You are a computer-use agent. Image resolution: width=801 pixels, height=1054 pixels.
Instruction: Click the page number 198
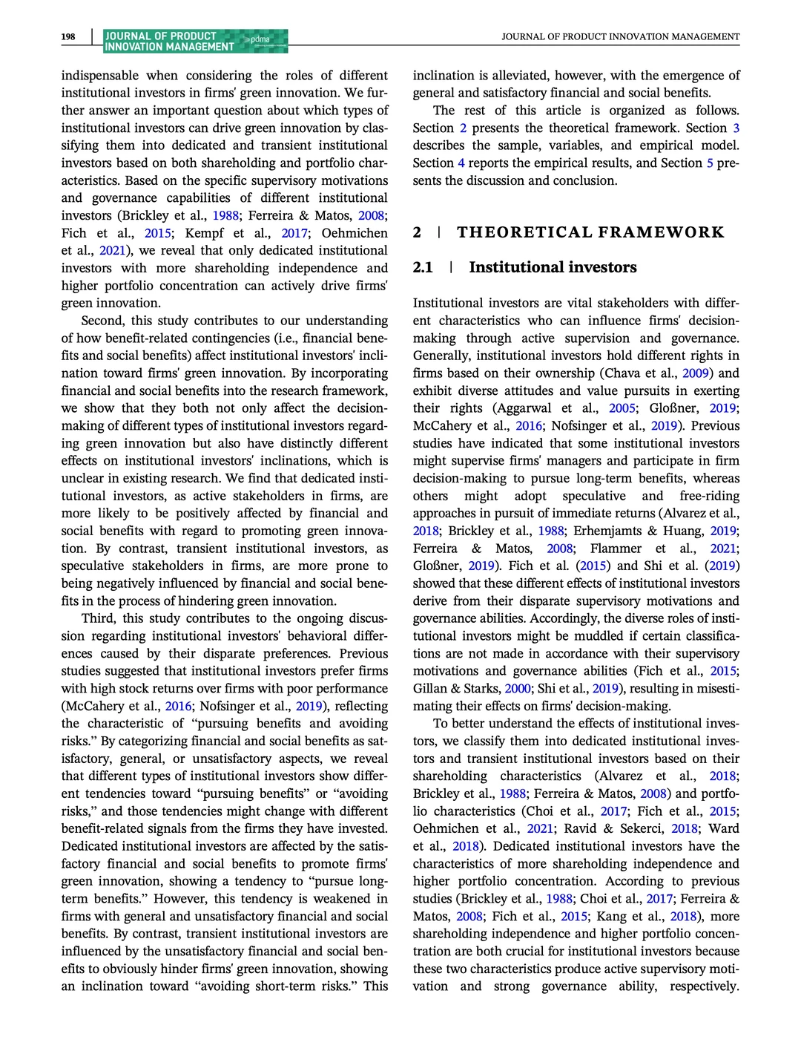click(x=68, y=36)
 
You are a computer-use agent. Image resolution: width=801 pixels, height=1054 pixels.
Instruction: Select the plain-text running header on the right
click(x=620, y=36)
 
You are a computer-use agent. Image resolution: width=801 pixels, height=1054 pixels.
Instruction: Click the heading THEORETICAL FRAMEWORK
click(x=590, y=232)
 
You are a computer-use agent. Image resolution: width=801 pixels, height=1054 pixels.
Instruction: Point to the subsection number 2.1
click(x=423, y=267)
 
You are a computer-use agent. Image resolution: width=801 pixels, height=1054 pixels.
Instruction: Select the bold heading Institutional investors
click(x=553, y=267)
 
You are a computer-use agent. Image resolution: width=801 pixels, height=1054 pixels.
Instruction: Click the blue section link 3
click(x=736, y=128)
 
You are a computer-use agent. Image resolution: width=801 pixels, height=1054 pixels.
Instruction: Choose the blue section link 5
click(x=710, y=163)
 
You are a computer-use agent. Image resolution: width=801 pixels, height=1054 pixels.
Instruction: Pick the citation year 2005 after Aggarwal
click(x=622, y=407)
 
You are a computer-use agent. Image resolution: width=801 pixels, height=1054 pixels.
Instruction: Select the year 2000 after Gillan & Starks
click(x=518, y=688)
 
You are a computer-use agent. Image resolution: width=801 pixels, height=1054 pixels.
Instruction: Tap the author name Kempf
click(x=204, y=232)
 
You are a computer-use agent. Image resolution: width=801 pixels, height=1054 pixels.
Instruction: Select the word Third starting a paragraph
click(x=99, y=618)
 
